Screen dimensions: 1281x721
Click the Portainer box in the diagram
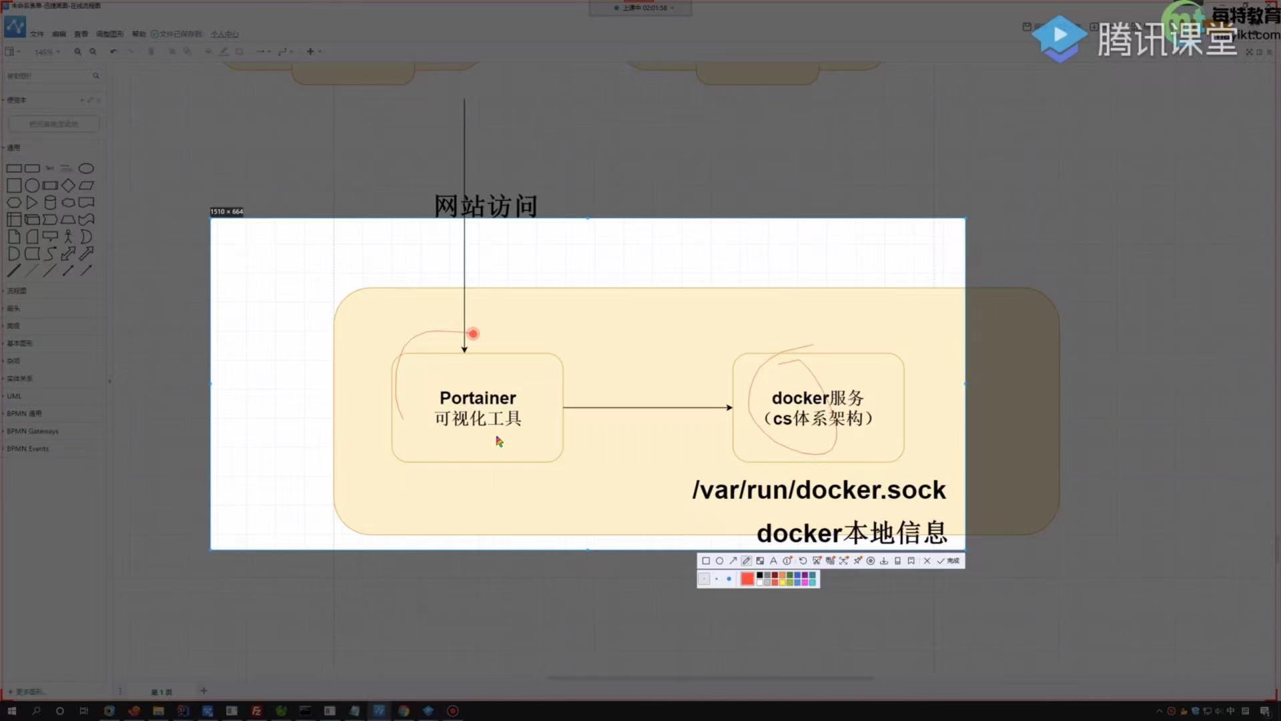pos(477,407)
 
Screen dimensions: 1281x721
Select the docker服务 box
pos(818,407)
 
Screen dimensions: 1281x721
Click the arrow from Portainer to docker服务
pos(647,407)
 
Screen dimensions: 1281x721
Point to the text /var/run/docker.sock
pos(819,490)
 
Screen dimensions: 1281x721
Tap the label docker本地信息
pos(851,533)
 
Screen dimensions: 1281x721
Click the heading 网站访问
pos(486,206)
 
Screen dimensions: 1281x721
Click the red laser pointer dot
pos(473,334)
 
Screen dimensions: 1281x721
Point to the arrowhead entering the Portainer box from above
pos(464,349)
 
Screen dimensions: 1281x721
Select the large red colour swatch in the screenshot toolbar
pos(747,579)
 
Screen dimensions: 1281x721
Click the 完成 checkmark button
pos(947,561)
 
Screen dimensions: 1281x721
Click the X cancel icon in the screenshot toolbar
pos(927,561)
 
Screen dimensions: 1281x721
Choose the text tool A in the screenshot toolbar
pos(773,561)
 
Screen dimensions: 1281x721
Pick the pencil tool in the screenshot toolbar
pos(747,561)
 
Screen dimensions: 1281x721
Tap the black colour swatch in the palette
pos(759,575)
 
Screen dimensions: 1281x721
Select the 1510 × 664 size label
pos(227,212)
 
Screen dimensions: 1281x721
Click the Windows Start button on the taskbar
pos(11,711)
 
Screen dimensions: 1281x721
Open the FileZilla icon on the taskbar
pos(256,711)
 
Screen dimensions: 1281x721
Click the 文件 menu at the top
pos(37,34)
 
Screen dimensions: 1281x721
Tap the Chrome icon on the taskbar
pos(404,711)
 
